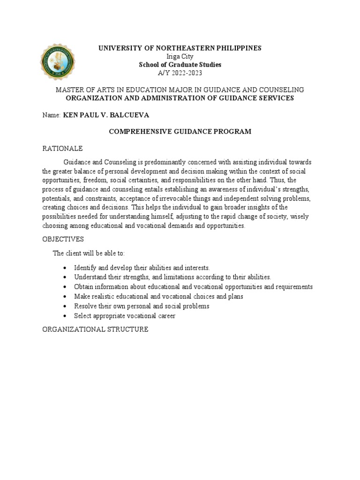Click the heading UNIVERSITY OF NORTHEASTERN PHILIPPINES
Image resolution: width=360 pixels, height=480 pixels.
[180, 48]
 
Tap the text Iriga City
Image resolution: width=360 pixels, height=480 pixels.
[180, 57]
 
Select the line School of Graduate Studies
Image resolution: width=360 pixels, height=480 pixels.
[180, 65]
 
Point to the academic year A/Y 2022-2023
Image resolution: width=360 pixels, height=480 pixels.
[180, 73]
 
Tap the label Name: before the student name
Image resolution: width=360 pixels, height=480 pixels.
[52, 115]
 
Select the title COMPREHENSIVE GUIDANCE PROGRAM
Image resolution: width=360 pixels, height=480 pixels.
[180, 132]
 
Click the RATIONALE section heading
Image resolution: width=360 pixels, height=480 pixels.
[62, 149]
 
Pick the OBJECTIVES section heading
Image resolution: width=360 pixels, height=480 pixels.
[63, 239]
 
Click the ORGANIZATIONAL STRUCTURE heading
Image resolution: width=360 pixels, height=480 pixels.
[95, 330]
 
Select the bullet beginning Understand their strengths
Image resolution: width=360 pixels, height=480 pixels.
[172, 277]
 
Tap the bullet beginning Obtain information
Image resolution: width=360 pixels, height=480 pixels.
[193, 287]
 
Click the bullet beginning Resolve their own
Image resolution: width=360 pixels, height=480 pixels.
[142, 306]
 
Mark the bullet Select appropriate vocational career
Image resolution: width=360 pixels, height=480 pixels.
[125, 316]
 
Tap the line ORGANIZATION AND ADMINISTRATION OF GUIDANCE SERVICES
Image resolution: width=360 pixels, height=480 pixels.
[180, 98]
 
